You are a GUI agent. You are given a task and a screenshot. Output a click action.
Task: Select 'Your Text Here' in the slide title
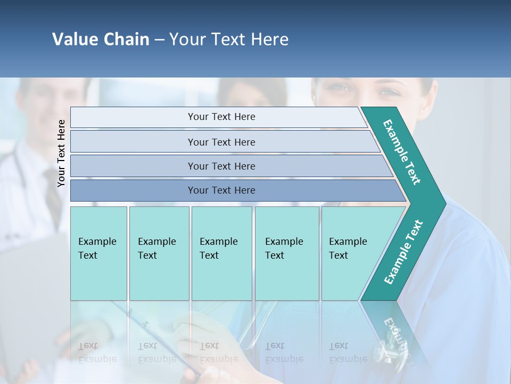click(229, 39)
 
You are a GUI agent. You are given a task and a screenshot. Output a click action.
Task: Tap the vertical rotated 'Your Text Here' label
click(61, 153)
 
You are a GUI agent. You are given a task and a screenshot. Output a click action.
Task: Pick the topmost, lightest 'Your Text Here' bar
click(221, 117)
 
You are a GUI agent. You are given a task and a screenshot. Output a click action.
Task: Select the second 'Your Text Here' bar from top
click(221, 142)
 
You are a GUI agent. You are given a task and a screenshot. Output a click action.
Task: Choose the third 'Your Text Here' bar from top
click(221, 166)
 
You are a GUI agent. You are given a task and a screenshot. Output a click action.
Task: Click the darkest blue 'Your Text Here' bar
click(221, 190)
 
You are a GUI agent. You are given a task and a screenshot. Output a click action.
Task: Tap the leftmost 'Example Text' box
click(98, 253)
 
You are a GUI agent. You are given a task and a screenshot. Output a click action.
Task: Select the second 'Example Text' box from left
click(159, 253)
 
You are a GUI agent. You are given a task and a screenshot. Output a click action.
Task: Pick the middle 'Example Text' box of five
click(221, 253)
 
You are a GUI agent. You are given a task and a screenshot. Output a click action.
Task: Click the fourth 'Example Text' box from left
click(287, 253)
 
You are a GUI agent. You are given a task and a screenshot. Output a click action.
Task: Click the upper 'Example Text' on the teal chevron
click(402, 152)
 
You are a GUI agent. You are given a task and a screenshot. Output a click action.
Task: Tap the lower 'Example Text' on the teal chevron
click(403, 252)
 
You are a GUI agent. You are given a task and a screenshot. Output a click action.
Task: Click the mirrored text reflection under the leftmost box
click(97, 353)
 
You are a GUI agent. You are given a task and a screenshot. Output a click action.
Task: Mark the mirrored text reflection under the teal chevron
click(397, 333)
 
